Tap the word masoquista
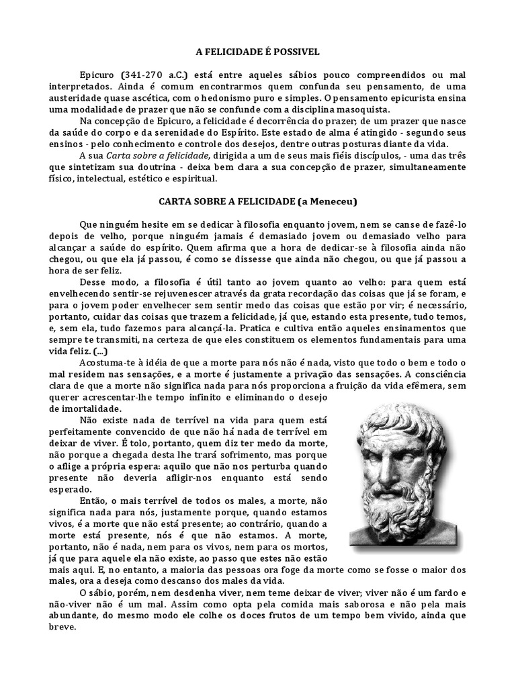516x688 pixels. pos(372,110)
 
